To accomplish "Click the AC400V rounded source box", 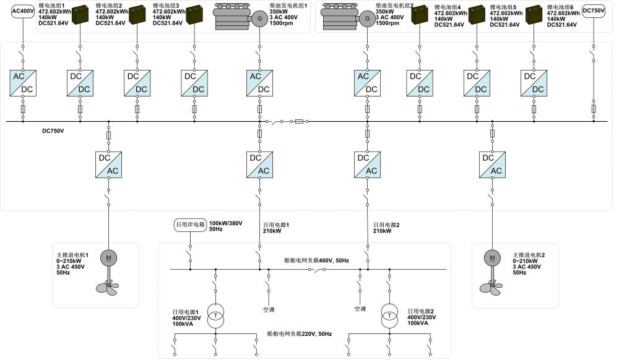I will pos(23,11).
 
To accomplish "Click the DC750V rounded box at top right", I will pos(594,11).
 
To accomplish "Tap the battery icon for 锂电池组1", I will pos(80,15).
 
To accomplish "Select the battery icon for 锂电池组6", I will pos(534,15).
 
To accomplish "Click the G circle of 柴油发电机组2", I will pos(367,19).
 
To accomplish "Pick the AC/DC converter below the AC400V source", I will pos(23,83).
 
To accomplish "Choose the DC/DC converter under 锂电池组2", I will pos(137,83).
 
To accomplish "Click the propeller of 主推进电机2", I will pos(492,285).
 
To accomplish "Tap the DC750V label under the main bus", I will pos(53,131).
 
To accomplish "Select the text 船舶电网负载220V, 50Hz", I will pos(299,334).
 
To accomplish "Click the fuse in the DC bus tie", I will pos(300,122).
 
